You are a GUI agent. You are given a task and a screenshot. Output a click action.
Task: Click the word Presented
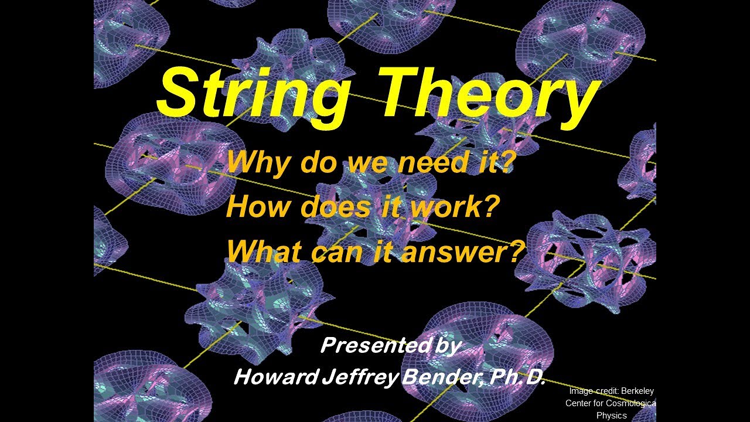pos(369,346)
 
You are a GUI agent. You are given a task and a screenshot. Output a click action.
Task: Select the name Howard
pos(275,377)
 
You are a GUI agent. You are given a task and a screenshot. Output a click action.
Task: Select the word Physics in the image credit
pos(611,416)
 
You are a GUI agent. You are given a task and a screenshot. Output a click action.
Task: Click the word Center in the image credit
pos(578,403)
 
